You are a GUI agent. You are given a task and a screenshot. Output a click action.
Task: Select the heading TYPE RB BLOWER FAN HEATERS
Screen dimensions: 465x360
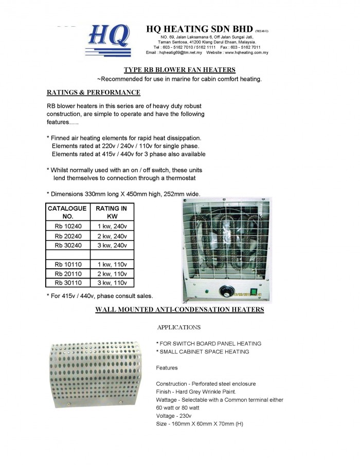[180, 69]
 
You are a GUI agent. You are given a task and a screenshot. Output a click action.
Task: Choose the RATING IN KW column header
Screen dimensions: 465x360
[112, 212]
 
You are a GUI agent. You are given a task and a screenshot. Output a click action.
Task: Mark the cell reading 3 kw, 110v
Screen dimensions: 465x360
[112, 283]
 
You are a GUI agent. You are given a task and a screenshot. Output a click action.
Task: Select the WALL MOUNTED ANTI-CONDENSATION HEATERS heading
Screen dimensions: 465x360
[180, 310]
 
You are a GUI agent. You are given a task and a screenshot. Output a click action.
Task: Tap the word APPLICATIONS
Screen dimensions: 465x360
[178, 327]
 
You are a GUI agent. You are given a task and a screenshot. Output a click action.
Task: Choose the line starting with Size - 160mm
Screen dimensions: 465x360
[199, 424]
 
